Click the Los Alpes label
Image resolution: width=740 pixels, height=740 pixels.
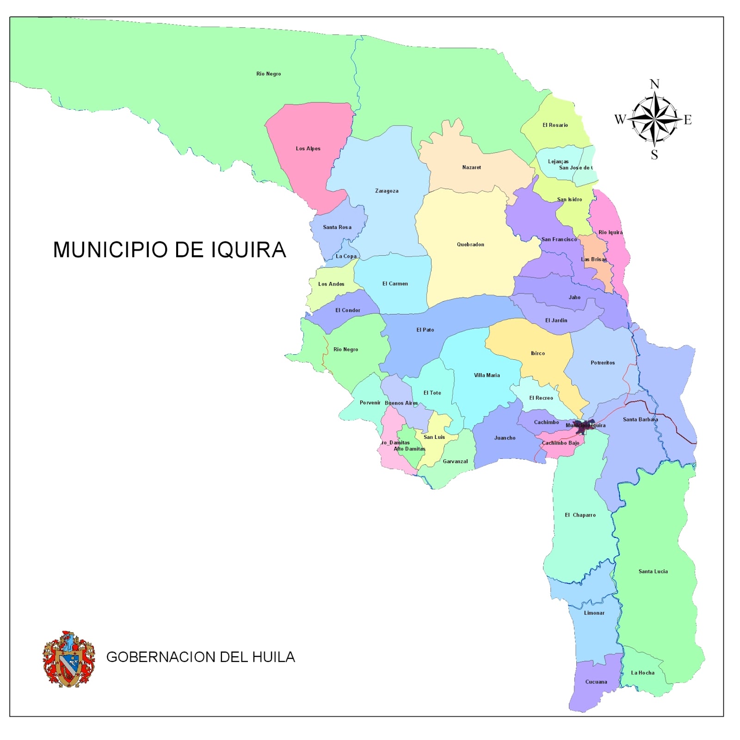coord(308,148)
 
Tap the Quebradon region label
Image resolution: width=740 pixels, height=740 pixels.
coord(470,244)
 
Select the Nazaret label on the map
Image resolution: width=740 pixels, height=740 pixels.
coord(471,167)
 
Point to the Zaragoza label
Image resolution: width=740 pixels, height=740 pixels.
coord(387,191)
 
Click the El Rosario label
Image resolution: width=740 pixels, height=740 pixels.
coord(555,125)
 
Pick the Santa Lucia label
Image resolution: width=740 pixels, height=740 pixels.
coord(653,571)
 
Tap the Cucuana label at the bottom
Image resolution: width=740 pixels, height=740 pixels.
coord(596,682)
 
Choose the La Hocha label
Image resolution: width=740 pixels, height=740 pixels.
coord(642,672)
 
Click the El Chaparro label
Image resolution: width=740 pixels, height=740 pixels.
coord(580,515)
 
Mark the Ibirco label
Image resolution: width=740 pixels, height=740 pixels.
coord(537,353)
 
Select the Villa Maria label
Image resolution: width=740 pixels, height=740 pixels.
coord(487,375)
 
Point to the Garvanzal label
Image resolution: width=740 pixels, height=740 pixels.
coord(455,461)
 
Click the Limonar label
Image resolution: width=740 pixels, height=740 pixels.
coord(594,613)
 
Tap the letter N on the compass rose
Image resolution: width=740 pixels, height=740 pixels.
coord(654,84)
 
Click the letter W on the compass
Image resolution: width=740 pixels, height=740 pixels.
coord(620,120)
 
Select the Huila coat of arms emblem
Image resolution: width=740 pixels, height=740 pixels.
coord(69,659)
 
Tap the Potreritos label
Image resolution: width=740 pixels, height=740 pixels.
coord(603,363)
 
